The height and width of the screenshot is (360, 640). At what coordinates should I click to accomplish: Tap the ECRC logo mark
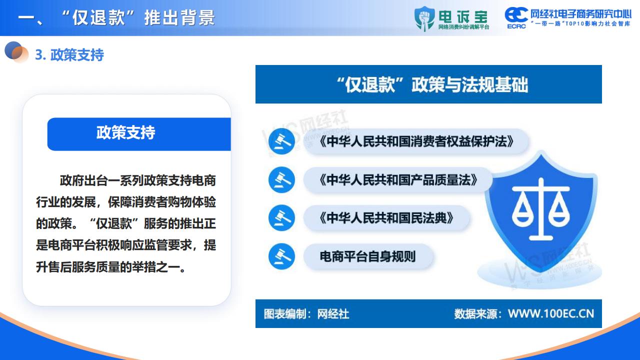pos(516,17)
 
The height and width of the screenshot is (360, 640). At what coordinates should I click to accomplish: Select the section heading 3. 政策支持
pos(69,55)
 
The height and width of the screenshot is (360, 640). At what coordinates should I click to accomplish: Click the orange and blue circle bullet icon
pos(16,52)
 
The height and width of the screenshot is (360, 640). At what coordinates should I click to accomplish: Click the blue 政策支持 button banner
pos(139,134)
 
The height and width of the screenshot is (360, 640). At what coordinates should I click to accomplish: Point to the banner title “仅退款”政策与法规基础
pos(432,85)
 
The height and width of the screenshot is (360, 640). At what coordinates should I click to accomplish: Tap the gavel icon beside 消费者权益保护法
pos(281,141)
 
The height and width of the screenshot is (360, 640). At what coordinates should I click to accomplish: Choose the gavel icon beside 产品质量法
pos(281,179)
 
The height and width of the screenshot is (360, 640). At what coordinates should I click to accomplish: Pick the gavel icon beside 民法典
pos(281,218)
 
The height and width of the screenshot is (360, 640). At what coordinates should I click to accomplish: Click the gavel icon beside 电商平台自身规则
pos(281,256)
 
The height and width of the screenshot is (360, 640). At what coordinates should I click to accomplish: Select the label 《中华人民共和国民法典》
pos(386,218)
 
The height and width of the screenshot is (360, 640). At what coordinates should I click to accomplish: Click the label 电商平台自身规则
pos(367,256)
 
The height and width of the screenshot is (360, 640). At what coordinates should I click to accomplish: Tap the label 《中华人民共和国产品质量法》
pos(398,179)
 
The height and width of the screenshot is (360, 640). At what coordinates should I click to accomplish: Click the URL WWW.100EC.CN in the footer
pos(551,313)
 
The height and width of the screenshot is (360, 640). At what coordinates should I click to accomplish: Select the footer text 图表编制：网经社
pos(306,314)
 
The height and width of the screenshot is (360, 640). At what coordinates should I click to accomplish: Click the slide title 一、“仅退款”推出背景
pos(116,17)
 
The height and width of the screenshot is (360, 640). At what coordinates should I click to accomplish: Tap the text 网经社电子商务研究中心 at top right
pos(581,14)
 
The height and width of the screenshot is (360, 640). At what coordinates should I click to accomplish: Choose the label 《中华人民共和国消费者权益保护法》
pos(416,141)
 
